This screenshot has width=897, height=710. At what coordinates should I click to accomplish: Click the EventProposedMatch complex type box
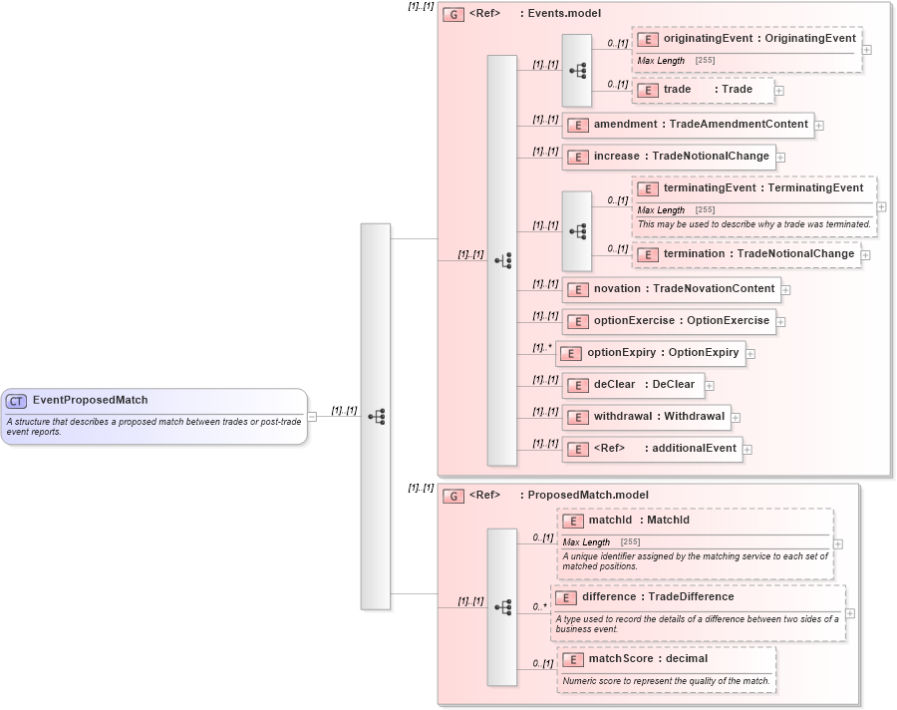(x=153, y=416)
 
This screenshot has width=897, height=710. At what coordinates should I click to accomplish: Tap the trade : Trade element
(x=707, y=90)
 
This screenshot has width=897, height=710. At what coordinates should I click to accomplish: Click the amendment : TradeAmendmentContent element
(x=688, y=125)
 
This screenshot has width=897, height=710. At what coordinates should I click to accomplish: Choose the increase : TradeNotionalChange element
(x=668, y=157)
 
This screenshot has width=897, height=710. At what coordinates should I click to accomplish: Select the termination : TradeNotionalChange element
(x=747, y=254)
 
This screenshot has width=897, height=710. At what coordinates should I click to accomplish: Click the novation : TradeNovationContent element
(x=671, y=289)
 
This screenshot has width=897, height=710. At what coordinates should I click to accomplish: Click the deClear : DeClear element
(x=633, y=385)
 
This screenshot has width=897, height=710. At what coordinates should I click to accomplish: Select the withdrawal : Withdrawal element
(x=646, y=417)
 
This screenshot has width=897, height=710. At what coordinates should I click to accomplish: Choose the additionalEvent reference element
(x=652, y=449)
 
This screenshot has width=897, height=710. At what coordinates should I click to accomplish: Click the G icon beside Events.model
(x=453, y=15)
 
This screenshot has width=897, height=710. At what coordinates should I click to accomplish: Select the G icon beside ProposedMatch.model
(x=453, y=496)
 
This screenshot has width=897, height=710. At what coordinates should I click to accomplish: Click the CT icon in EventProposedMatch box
(x=16, y=401)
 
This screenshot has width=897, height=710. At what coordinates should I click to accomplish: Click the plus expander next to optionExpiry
(x=750, y=354)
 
